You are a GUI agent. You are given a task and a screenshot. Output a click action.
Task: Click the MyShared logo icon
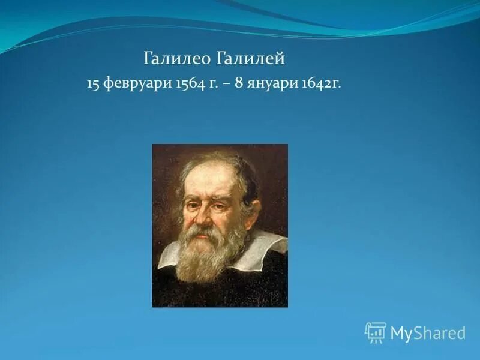375,332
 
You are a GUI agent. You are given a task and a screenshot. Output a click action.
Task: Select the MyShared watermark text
428,333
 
